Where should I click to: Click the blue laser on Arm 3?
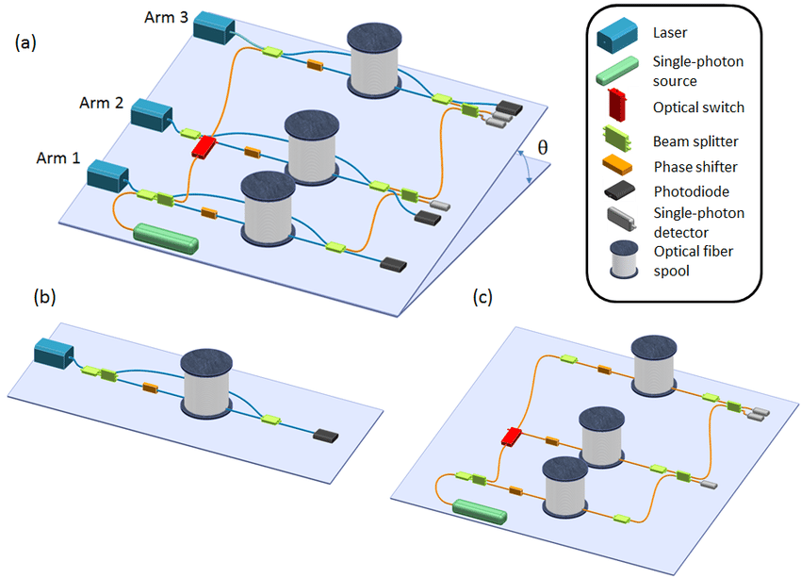coord(215,26)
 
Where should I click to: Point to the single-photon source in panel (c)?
coord(479,512)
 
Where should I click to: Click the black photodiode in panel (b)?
coord(327,436)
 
